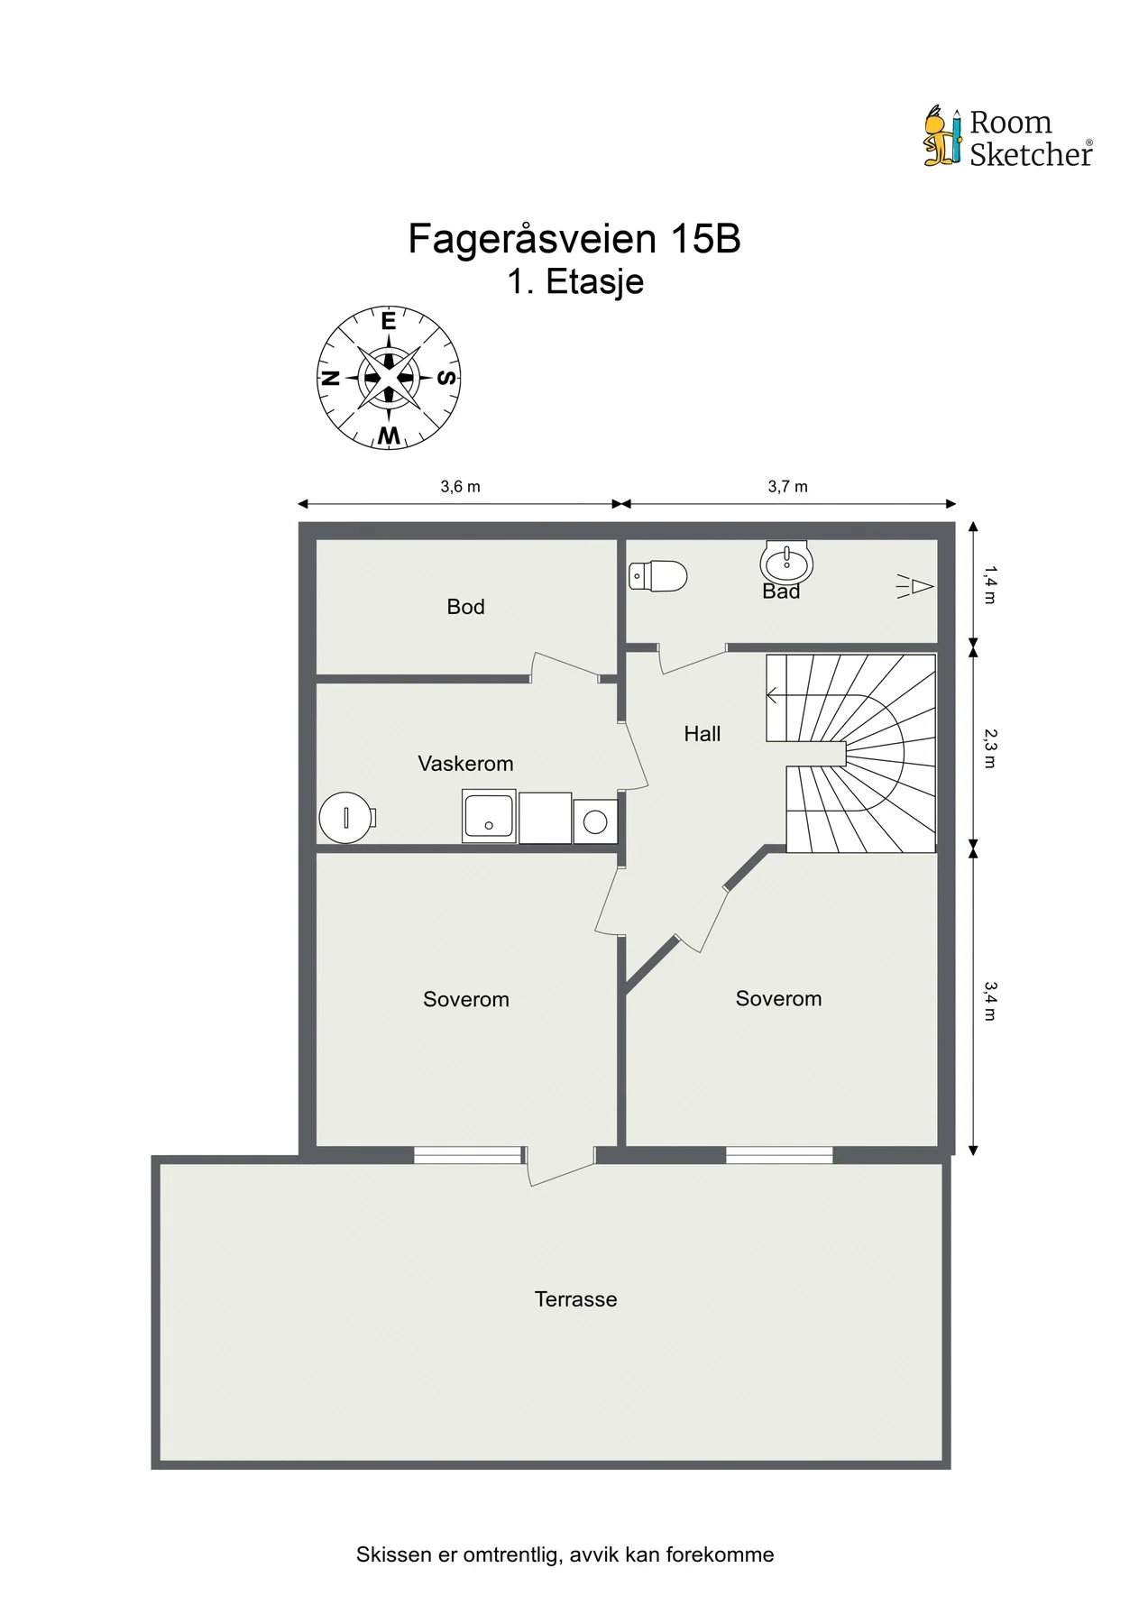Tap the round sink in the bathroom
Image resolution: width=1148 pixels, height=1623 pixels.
(x=786, y=564)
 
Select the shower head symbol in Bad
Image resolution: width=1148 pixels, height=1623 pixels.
(x=914, y=587)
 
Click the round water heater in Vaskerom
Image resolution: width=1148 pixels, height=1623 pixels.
(x=346, y=817)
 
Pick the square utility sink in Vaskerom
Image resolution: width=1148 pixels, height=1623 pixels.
(x=489, y=817)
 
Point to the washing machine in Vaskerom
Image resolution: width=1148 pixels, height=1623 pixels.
(x=595, y=821)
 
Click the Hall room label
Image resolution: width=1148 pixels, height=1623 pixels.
(x=702, y=734)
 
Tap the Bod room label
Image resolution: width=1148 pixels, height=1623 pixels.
(x=465, y=607)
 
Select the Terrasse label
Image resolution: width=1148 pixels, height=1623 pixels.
(x=575, y=1299)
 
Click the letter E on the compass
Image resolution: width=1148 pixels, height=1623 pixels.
(x=389, y=322)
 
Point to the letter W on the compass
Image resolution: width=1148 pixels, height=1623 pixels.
(x=389, y=436)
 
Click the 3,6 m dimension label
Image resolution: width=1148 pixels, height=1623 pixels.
(x=460, y=487)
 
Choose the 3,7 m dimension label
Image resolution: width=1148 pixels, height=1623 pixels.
(x=787, y=487)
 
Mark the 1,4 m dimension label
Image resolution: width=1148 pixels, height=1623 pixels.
(x=989, y=584)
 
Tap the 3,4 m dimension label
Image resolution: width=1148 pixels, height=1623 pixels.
(x=989, y=1000)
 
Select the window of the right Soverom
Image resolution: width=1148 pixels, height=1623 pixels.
(x=779, y=1153)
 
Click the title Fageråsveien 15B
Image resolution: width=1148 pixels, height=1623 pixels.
(x=574, y=239)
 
